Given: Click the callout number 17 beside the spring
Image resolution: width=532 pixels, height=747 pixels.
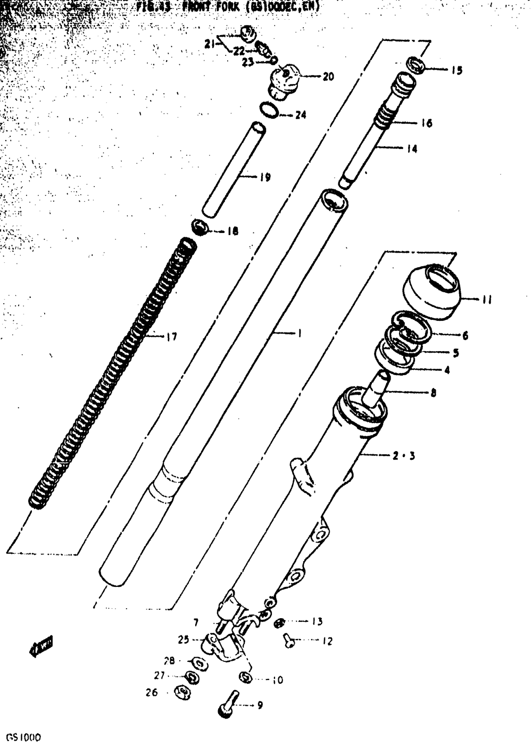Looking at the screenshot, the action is coord(171,336).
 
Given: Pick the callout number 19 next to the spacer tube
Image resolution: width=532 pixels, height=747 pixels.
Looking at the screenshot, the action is coord(265,177).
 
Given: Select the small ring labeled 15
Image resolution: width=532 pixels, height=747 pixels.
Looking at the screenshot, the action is coord(415,65).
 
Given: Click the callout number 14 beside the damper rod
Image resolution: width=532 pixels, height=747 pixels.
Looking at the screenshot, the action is coord(411,149).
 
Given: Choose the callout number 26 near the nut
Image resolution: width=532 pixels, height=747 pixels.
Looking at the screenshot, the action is coord(152,693).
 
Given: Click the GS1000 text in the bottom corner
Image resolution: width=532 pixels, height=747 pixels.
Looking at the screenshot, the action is coord(24,738).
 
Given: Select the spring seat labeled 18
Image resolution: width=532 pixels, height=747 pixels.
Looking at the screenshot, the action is coord(199,228).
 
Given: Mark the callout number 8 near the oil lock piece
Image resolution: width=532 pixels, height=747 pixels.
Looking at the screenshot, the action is coord(433,394).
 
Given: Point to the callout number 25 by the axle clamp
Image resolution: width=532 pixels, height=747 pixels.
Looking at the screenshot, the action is coord(184,640).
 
